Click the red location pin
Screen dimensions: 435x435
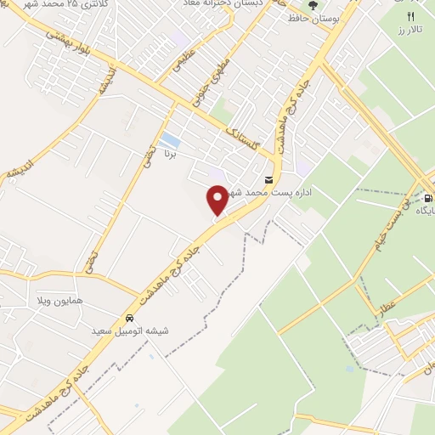pos(217,200)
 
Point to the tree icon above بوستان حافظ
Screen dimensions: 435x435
pos(314,4)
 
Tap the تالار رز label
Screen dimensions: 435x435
pos(412,31)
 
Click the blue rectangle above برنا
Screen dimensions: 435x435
pos(170,139)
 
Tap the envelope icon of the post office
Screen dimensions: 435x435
pos(269,179)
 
